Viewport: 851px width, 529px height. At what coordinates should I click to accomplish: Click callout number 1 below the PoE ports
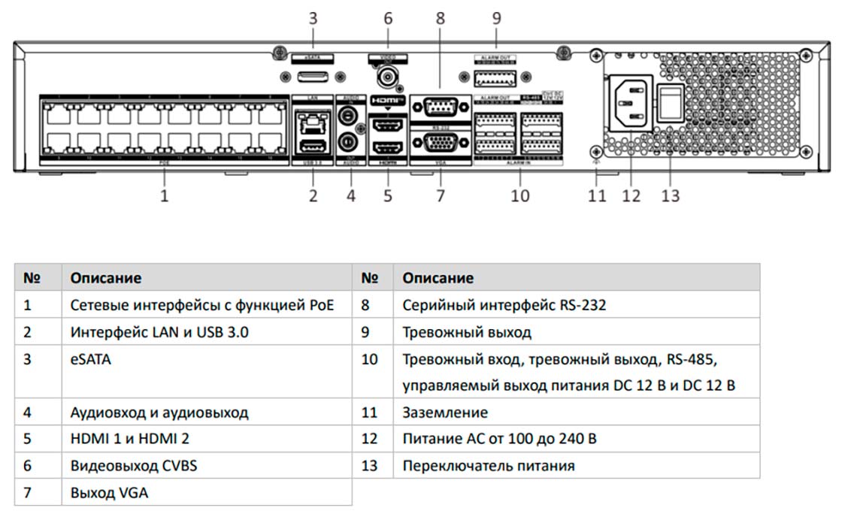[x=165, y=196]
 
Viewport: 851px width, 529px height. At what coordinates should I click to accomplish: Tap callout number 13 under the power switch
[x=670, y=195]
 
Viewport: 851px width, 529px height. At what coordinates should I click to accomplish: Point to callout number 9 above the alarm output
[x=496, y=19]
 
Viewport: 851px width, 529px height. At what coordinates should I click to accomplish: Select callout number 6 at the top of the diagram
[x=388, y=19]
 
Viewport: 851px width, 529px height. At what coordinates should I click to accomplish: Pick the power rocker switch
[x=671, y=103]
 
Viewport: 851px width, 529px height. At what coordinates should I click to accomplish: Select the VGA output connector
[x=441, y=143]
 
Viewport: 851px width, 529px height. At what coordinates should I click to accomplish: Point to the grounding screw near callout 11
[x=596, y=150]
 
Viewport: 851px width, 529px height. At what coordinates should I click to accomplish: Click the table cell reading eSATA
[x=90, y=359]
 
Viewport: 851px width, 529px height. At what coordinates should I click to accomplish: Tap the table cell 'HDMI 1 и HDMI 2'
[x=130, y=439]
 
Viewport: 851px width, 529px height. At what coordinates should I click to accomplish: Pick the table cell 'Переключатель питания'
[x=489, y=466]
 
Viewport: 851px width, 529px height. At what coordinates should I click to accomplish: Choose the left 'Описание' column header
[x=106, y=278]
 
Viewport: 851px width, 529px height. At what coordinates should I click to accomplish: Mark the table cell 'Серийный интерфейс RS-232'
[x=504, y=305]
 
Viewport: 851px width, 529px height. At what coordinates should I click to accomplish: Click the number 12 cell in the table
[x=369, y=439]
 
